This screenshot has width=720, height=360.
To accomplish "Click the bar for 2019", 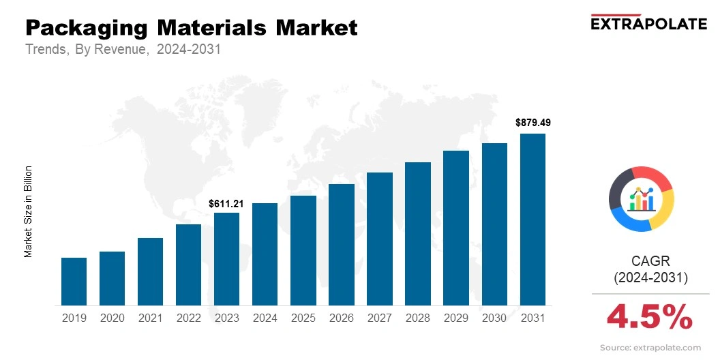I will [74, 282].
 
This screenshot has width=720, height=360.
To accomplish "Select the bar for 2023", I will [226, 259].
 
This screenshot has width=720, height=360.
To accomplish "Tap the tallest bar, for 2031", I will [532, 220].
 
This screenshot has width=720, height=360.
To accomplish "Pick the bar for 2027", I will [380, 239].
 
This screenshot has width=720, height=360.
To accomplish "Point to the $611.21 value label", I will [226, 203].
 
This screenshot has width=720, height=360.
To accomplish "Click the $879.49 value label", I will [532, 123].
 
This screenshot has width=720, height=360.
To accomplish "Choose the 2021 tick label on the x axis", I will [150, 318].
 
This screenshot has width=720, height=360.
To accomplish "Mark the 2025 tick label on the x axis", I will [303, 318].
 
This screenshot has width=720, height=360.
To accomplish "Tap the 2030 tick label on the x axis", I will [494, 318].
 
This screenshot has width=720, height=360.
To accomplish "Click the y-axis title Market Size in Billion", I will [29, 211].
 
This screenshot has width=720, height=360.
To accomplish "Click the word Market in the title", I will [316, 28].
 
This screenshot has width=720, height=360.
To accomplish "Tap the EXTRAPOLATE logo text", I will [648, 24].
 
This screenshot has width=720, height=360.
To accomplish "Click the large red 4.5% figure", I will [650, 317].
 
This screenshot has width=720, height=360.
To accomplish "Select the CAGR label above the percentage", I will [650, 260].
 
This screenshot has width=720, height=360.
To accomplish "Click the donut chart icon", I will [641, 198].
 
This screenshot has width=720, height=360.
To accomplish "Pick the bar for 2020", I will [112, 278].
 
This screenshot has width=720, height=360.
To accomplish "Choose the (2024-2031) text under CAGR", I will [650, 277].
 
